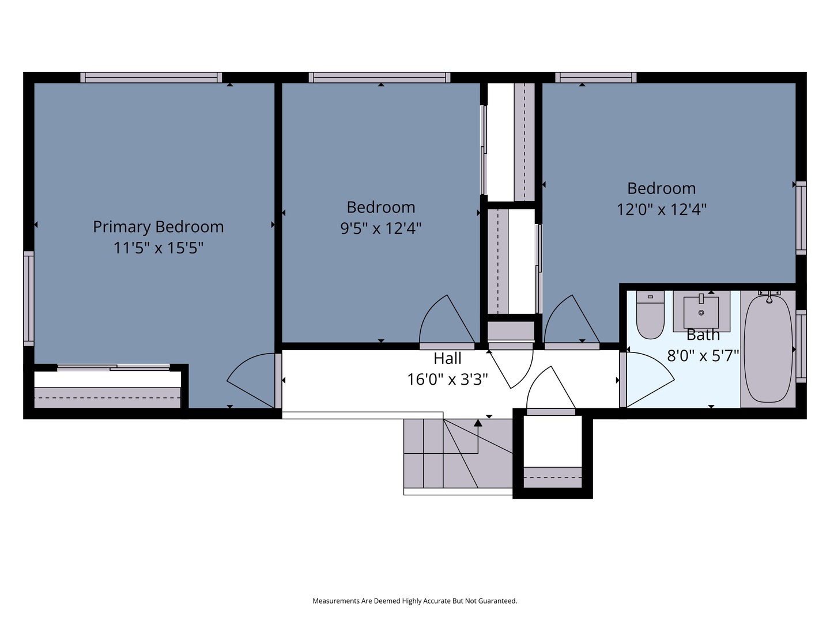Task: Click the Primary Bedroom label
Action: pyautogui.click(x=159, y=227)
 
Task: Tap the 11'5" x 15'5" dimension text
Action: pyautogui.click(x=159, y=248)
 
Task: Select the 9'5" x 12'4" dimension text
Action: pyautogui.click(x=381, y=228)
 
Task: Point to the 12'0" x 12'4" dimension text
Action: pyautogui.click(x=661, y=209)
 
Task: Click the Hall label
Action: pyautogui.click(x=447, y=358)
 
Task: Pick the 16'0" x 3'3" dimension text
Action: pyautogui.click(x=447, y=379)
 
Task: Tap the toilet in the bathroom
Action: pyautogui.click(x=650, y=314)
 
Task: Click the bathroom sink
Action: pyautogui.click(x=701, y=312)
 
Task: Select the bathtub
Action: pyautogui.click(x=768, y=348)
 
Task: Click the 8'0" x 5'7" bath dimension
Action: pyautogui.click(x=703, y=356)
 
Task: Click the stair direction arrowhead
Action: pyautogui.click(x=478, y=423)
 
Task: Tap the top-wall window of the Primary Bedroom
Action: pyautogui.click(x=151, y=77)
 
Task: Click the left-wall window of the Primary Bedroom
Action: pyautogui.click(x=29, y=298)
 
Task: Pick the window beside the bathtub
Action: pyautogui.click(x=801, y=346)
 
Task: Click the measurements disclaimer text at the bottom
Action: pyautogui.click(x=415, y=601)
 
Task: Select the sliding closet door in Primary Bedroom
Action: pyautogui.click(x=114, y=367)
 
